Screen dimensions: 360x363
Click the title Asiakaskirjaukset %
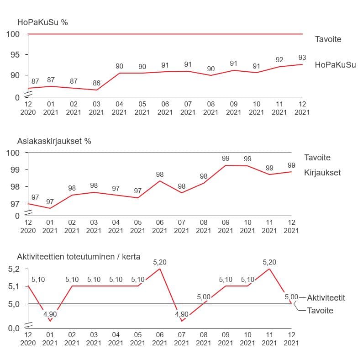point(54,141)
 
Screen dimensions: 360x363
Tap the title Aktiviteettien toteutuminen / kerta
point(78,257)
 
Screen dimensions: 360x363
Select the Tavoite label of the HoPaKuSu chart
point(328,39)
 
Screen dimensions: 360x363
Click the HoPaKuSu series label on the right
point(335,65)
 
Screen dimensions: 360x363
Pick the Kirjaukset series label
point(322,173)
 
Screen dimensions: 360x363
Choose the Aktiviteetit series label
point(326,297)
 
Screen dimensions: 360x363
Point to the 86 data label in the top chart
point(96,83)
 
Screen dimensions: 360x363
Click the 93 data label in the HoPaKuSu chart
point(302,58)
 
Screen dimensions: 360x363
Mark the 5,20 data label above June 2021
point(159,262)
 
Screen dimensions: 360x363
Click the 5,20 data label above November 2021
point(269,262)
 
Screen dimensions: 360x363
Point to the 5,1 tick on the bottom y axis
point(14,286)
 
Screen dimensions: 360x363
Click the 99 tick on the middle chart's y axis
point(15,169)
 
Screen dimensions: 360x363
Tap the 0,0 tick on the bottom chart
point(14,327)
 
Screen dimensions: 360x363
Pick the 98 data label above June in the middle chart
point(159,175)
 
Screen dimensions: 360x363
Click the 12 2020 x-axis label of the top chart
point(28,108)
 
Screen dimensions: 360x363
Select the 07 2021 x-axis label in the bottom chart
point(181,339)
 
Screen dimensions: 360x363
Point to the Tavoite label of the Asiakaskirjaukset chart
point(317,158)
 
